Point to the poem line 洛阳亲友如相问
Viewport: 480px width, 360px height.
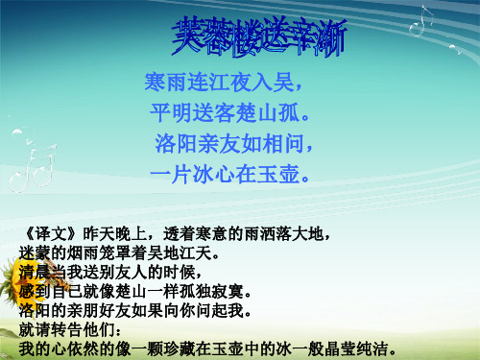pos(235,146)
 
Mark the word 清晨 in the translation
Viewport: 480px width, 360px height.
pos(34,272)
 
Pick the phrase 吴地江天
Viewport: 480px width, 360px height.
pos(183,253)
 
